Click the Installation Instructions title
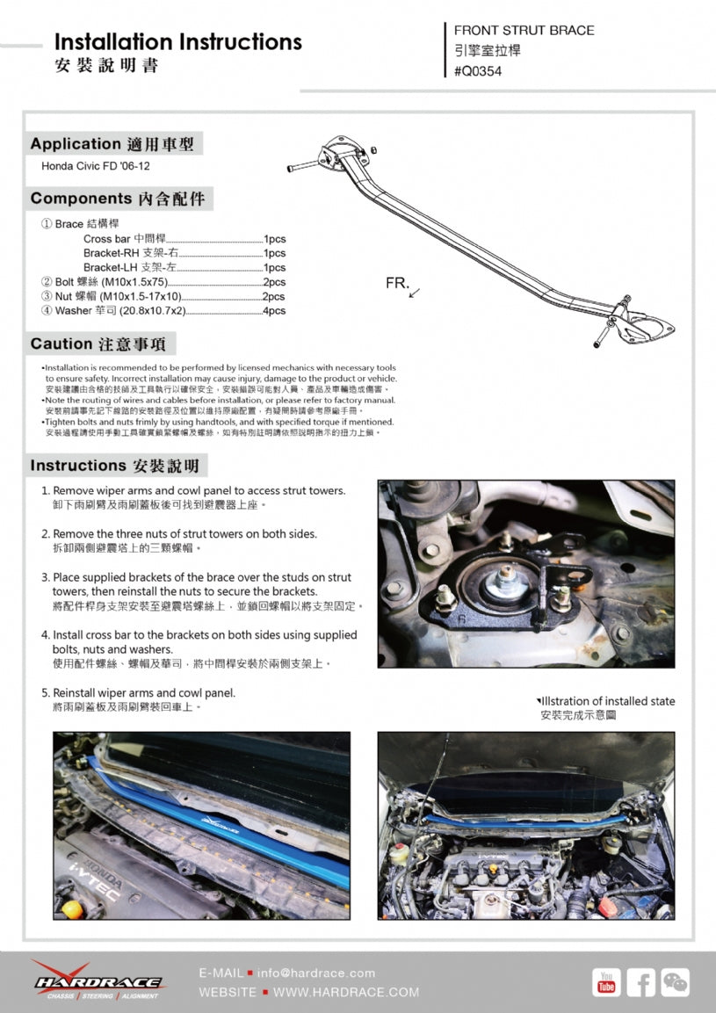pyautogui.click(x=177, y=41)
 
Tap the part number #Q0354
pyautogui.click(x=478, y=71)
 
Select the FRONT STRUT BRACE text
pyautogui.click(x=524, y=30)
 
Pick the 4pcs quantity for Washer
pyautogui.click(x=274, y=310)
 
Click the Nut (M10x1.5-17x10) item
pyautogui.click(x=118, y=296)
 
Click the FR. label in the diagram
pyautogui.click(x=397, y=284)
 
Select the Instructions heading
pyautogui.click(x=114, y=465)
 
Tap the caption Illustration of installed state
pyautogui.click(x=607, y=701)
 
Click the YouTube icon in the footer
pyautogui.click(x=606, y=982)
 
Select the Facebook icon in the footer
pyautogui.click(x=640, y=982)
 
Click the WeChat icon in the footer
pyautogui.click(x=675, y=982)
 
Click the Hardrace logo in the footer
pyautogui.click(x=97, y=979)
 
